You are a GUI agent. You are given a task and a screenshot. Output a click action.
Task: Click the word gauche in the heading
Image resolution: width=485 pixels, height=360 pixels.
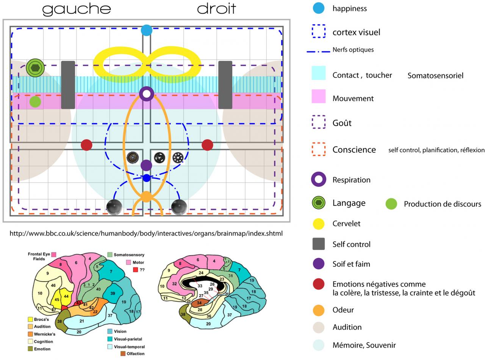76,9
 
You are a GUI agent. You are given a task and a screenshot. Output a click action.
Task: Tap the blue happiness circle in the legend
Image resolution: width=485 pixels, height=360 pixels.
319,8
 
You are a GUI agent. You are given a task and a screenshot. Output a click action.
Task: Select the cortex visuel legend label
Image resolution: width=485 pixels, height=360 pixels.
356,32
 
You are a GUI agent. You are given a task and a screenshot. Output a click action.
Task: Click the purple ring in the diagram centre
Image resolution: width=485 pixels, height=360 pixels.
146,94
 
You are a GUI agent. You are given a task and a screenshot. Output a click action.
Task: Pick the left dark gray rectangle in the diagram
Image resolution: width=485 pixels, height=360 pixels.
68,85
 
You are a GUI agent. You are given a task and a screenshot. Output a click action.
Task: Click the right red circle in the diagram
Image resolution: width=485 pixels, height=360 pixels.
207,145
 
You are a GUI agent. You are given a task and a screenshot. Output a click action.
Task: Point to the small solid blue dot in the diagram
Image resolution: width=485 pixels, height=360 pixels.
147,178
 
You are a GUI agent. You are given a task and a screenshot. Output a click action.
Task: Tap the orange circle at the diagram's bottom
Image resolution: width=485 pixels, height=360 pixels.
146,197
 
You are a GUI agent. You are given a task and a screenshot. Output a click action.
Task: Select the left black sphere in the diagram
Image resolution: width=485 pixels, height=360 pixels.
114,207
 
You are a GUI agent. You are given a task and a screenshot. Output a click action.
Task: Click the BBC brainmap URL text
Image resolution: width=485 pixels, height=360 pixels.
146,233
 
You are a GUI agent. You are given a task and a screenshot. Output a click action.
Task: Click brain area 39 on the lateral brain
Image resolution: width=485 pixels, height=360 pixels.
113,293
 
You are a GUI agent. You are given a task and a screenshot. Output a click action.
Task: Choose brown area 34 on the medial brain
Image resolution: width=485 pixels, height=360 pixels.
199,303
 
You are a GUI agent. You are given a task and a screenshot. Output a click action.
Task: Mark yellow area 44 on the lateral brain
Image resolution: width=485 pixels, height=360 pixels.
66,296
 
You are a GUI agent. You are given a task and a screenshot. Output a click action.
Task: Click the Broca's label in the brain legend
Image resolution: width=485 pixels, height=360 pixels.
41,319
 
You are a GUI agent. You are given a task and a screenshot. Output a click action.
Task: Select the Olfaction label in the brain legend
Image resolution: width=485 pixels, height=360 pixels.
135,354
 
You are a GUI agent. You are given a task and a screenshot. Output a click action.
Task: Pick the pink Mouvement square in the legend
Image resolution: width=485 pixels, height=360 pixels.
318,96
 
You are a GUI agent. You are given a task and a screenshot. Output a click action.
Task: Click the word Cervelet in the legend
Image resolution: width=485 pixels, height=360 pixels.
346,224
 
